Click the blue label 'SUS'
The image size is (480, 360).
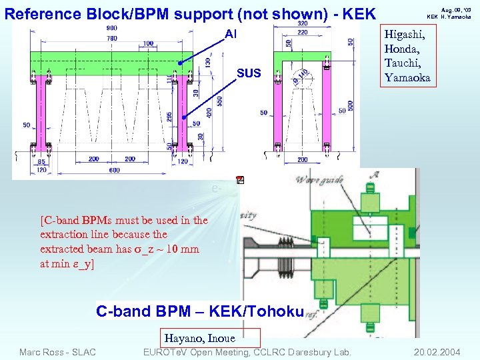[x=249, y=72]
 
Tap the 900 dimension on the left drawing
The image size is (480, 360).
[x=111, y=28]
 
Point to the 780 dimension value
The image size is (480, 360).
[x=111, y=38]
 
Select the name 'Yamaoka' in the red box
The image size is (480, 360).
[x=406, y=77]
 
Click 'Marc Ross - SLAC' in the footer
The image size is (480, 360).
[x=58, y=351]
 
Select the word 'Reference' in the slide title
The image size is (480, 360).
[x=40, y=13]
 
